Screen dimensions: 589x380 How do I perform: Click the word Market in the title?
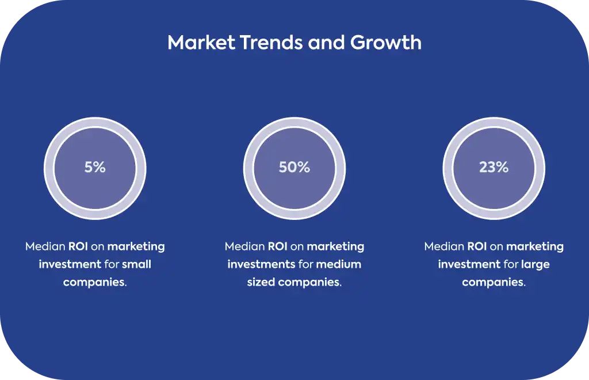pos(201,42)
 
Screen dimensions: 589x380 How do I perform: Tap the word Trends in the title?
pos(271,42)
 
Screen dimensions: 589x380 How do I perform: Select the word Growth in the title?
pos(386,42)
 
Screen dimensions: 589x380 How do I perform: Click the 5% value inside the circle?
pos(95,168)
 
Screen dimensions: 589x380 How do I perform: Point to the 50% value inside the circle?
pos(294,168)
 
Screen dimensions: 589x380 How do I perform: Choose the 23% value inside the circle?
pos(494,168)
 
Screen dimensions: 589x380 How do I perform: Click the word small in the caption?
pos(136,264)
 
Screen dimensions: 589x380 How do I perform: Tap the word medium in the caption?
pos(338,264)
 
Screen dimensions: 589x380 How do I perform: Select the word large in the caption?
pos(536,265)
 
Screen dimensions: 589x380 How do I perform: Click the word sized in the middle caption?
pos(261,282)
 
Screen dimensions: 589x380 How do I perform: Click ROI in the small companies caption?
pos(78,246)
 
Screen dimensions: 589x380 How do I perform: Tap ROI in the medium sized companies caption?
pos(277,246)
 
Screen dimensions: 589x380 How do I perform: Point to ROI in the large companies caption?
pos(477,246)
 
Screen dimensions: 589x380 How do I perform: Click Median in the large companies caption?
pos(444,246)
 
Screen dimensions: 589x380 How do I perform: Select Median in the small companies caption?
pos(45,246)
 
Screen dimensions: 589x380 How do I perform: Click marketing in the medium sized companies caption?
pos(335,247)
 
